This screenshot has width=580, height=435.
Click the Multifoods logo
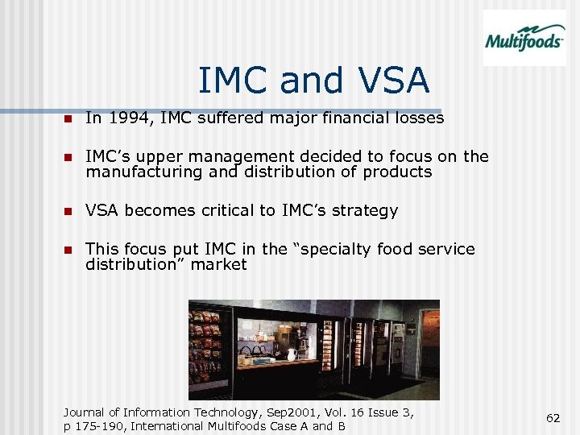click(524, 39)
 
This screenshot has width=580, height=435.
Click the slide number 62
click(553, 418)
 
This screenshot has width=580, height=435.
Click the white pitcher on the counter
click(292, 354)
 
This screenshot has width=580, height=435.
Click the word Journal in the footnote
click(86, 412)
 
